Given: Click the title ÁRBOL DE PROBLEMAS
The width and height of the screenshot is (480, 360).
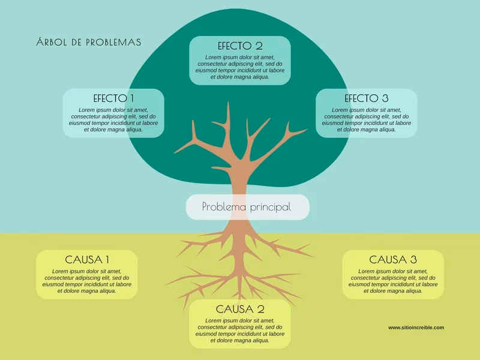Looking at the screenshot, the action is [89, 42].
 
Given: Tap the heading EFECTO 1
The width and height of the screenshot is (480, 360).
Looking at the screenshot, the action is [113, 98].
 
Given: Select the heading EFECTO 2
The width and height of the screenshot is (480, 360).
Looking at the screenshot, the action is [240, 46].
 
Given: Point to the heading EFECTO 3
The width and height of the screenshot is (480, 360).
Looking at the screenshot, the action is [367, 98].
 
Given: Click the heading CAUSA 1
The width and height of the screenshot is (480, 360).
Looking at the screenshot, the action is [87, 260].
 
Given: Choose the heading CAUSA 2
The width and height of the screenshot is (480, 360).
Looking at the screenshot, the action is [240, 309].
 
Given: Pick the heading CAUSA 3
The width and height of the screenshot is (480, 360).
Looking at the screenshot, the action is [393, 260].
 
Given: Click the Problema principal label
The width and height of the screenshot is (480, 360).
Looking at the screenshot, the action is [247, 207].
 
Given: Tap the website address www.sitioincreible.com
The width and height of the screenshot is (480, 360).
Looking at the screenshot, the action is [416, 328].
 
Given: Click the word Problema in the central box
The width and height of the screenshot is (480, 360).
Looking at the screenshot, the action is [224, 206].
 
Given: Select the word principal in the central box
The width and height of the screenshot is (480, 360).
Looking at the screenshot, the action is [271, 207].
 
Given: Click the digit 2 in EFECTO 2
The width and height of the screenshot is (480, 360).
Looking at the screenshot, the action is [259, 46].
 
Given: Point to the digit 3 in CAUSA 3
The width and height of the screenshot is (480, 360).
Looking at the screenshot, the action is [413, 260].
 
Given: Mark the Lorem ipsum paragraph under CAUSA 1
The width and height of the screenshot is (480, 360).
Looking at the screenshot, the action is [87, 281].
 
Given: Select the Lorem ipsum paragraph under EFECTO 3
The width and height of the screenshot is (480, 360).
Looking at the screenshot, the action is [367, 119].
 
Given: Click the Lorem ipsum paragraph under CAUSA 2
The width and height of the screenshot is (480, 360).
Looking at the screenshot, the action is [240, 331].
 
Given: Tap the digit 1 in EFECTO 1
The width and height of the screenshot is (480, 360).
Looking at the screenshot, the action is [132, 98].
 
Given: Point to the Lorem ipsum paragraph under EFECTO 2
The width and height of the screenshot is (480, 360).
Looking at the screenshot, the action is [240, 67].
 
